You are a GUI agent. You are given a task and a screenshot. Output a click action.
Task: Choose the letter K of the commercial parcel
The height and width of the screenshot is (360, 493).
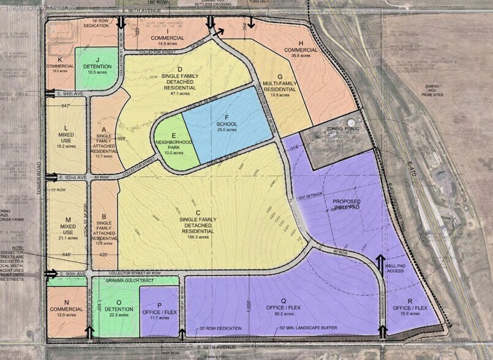click(x=60, y=59)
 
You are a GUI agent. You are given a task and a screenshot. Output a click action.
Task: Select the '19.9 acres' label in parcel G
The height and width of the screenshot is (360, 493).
click(x=279, y=95)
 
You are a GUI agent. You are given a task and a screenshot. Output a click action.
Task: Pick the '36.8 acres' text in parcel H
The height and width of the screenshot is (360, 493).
click(x=300, y=55)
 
